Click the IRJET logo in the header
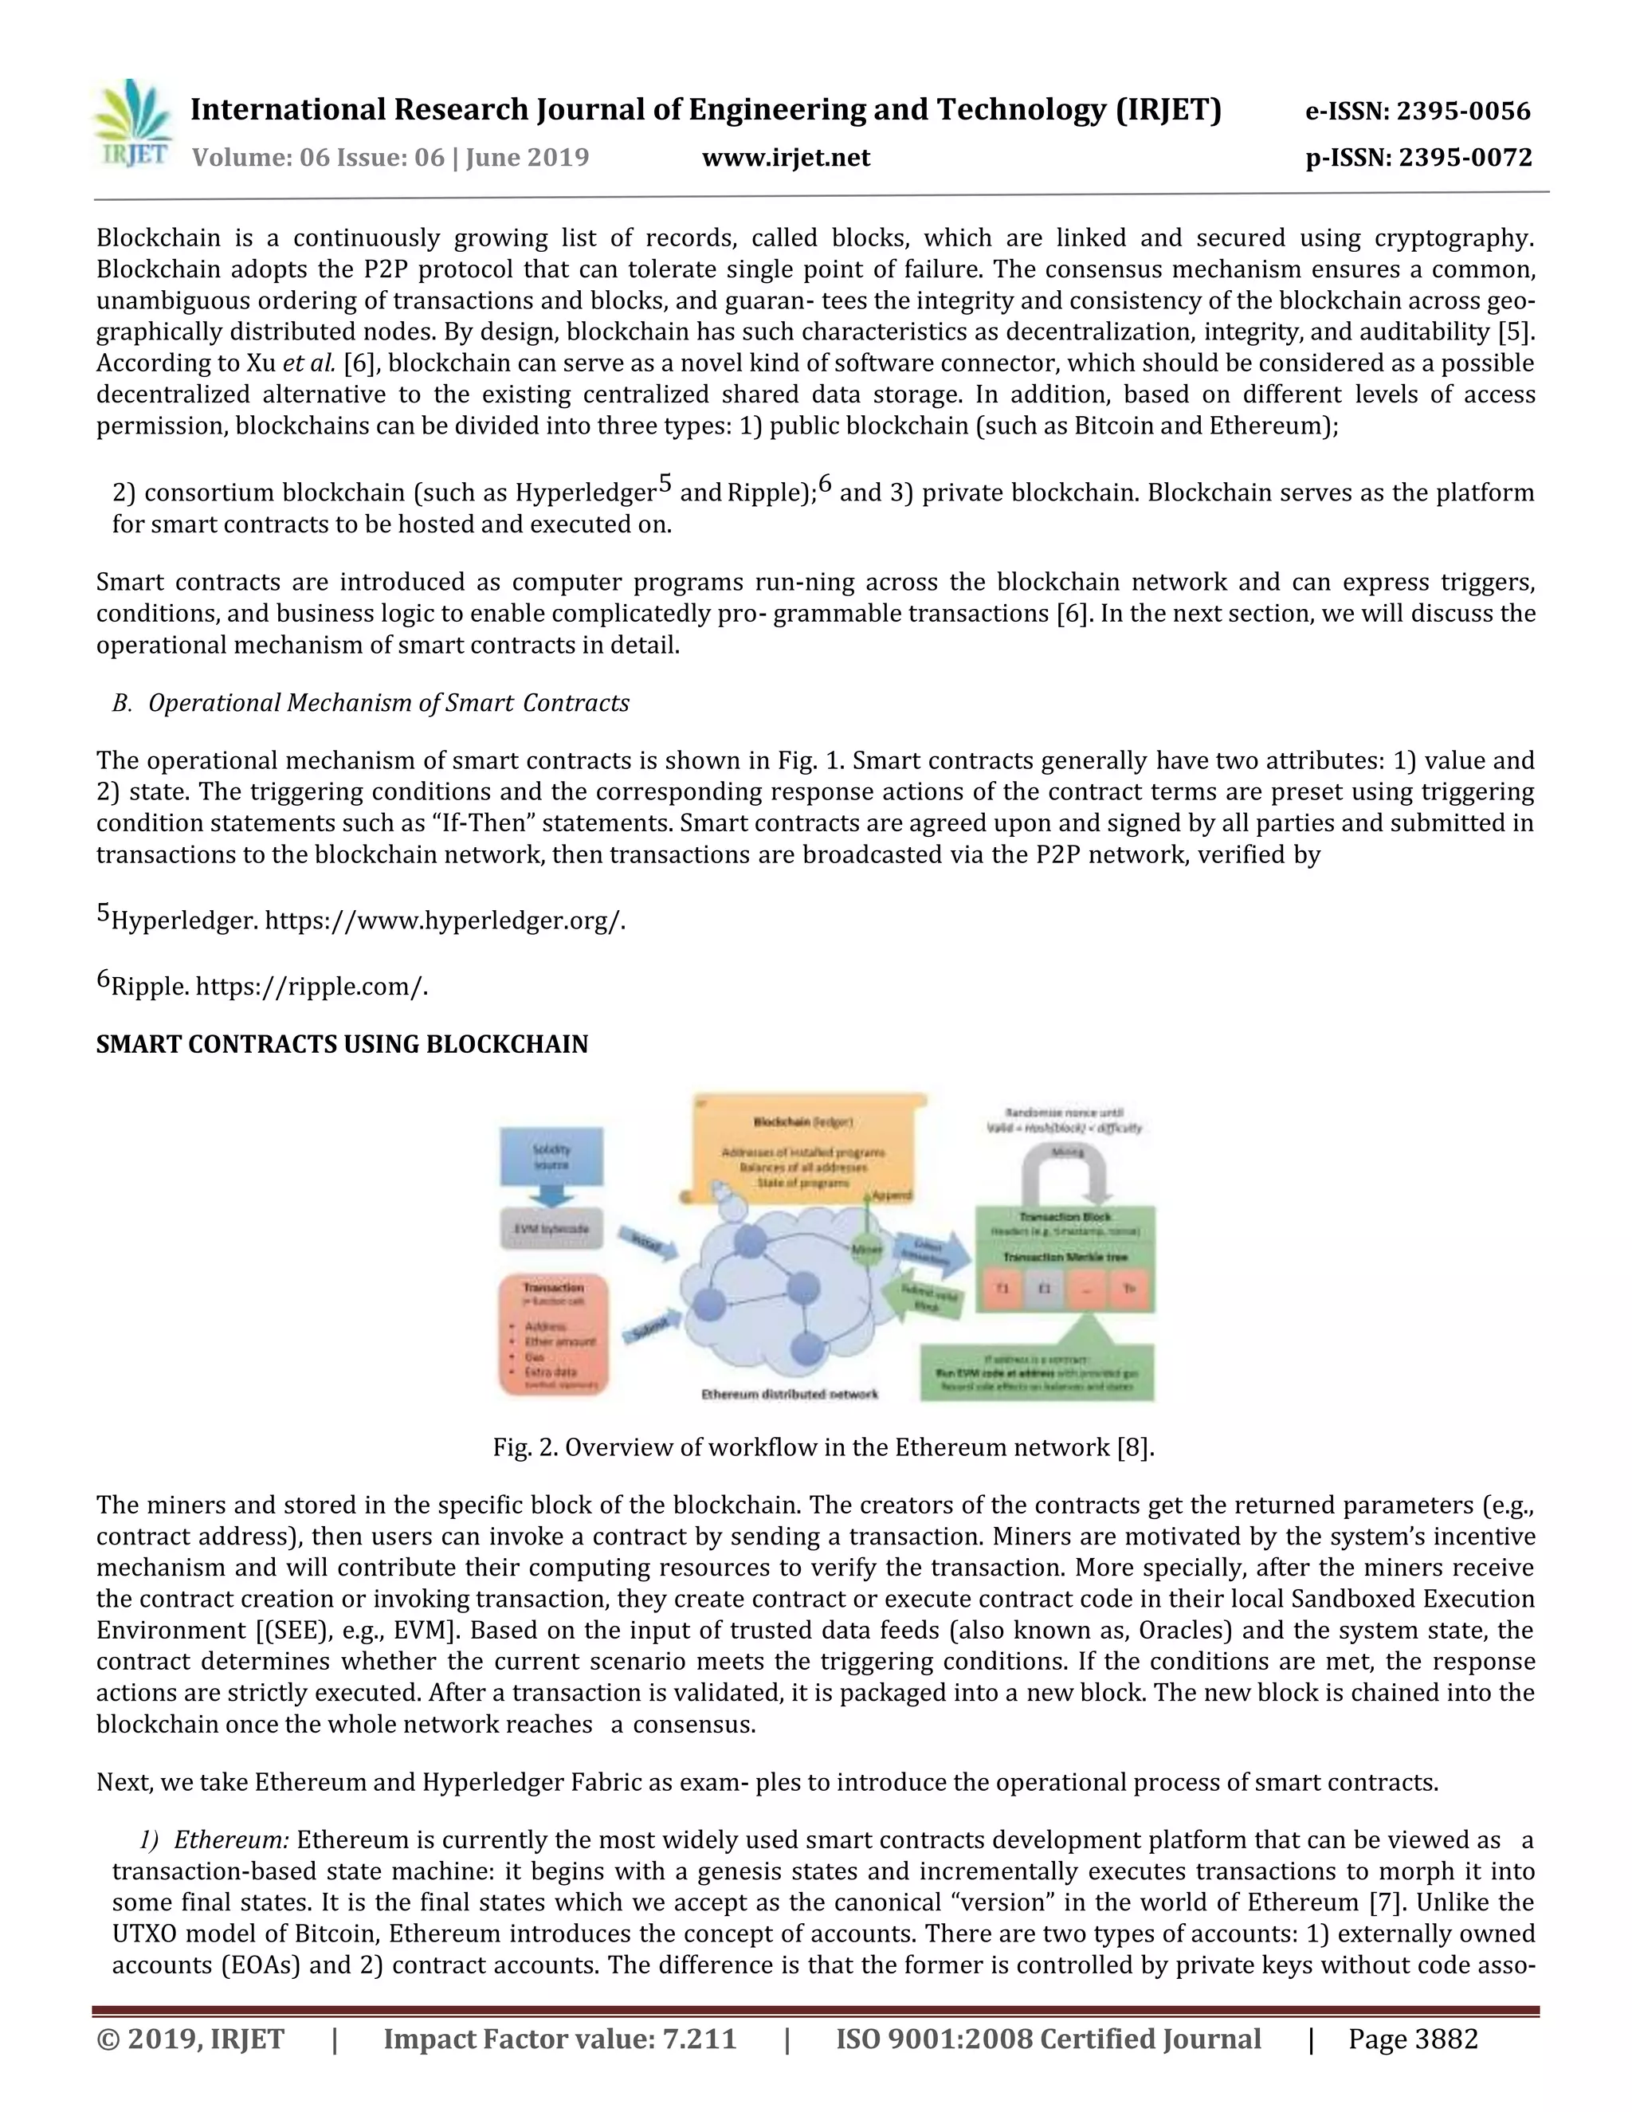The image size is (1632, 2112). click(x=131, y=126)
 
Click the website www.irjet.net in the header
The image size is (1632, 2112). click(x=785, y=158)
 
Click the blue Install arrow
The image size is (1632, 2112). click(x=645, y=1242)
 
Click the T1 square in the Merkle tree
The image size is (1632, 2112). click(x=1003, y=1289)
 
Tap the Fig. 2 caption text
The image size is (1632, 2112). click(x=822, y=1447)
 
